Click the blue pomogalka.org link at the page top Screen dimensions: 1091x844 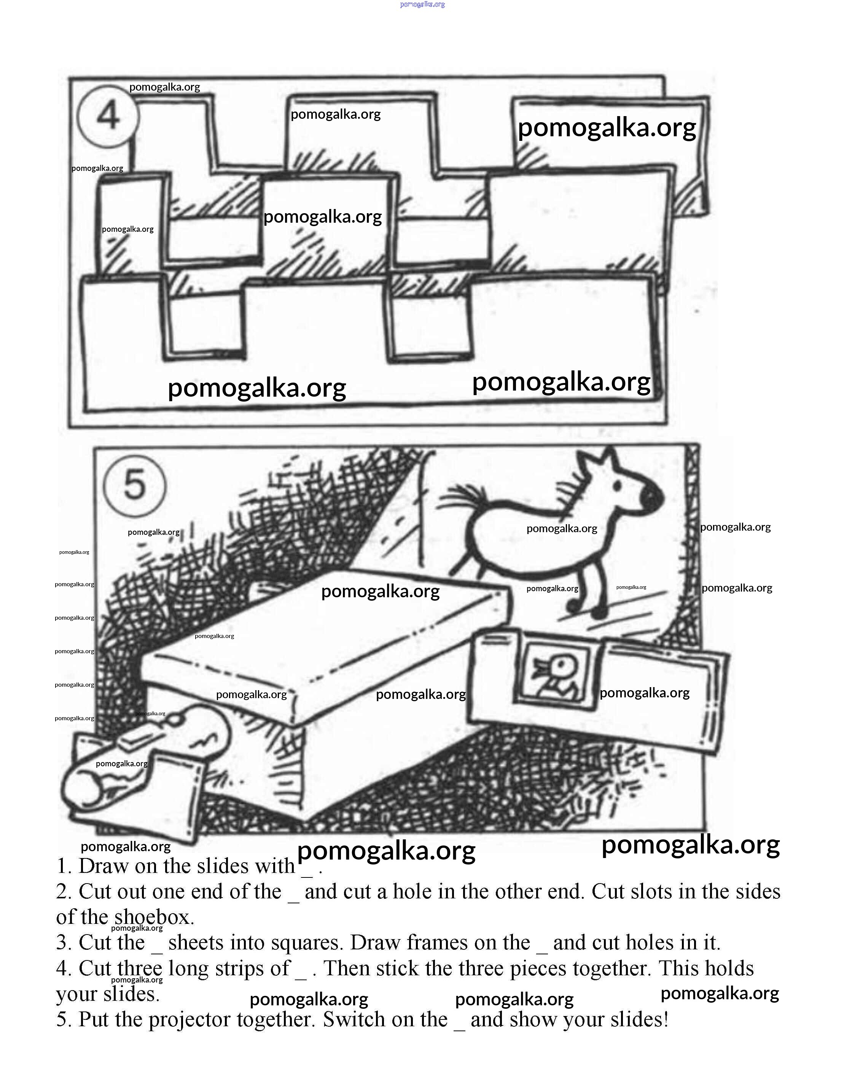coord(422,5)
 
